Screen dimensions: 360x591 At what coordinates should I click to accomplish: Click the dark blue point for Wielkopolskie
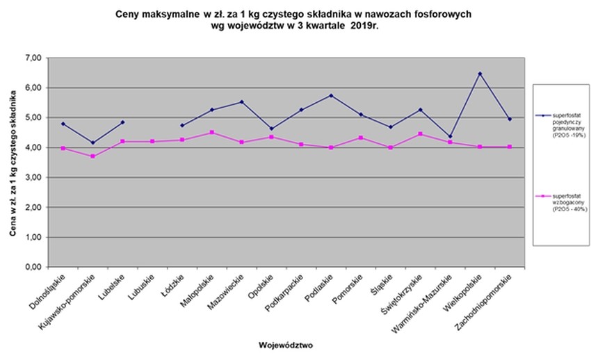click(x=480, y=74)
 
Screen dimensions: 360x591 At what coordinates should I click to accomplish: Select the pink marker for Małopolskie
click(x=211, y=132)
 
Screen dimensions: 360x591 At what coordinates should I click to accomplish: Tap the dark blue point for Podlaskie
click(x=331, y=95)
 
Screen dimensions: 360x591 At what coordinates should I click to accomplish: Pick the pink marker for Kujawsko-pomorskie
click(x=92, y=156)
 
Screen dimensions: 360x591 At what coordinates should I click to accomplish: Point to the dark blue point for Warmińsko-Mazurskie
click(x=450, y=136)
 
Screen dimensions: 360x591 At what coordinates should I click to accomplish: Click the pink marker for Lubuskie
click(x=152, y=142)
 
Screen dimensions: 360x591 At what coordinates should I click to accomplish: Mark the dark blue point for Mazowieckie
click(x=241, y=102)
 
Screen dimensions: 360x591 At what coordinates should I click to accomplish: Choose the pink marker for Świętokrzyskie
click(x=420, y=133)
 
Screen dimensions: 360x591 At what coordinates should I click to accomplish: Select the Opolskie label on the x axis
click(x=259, y=290)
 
